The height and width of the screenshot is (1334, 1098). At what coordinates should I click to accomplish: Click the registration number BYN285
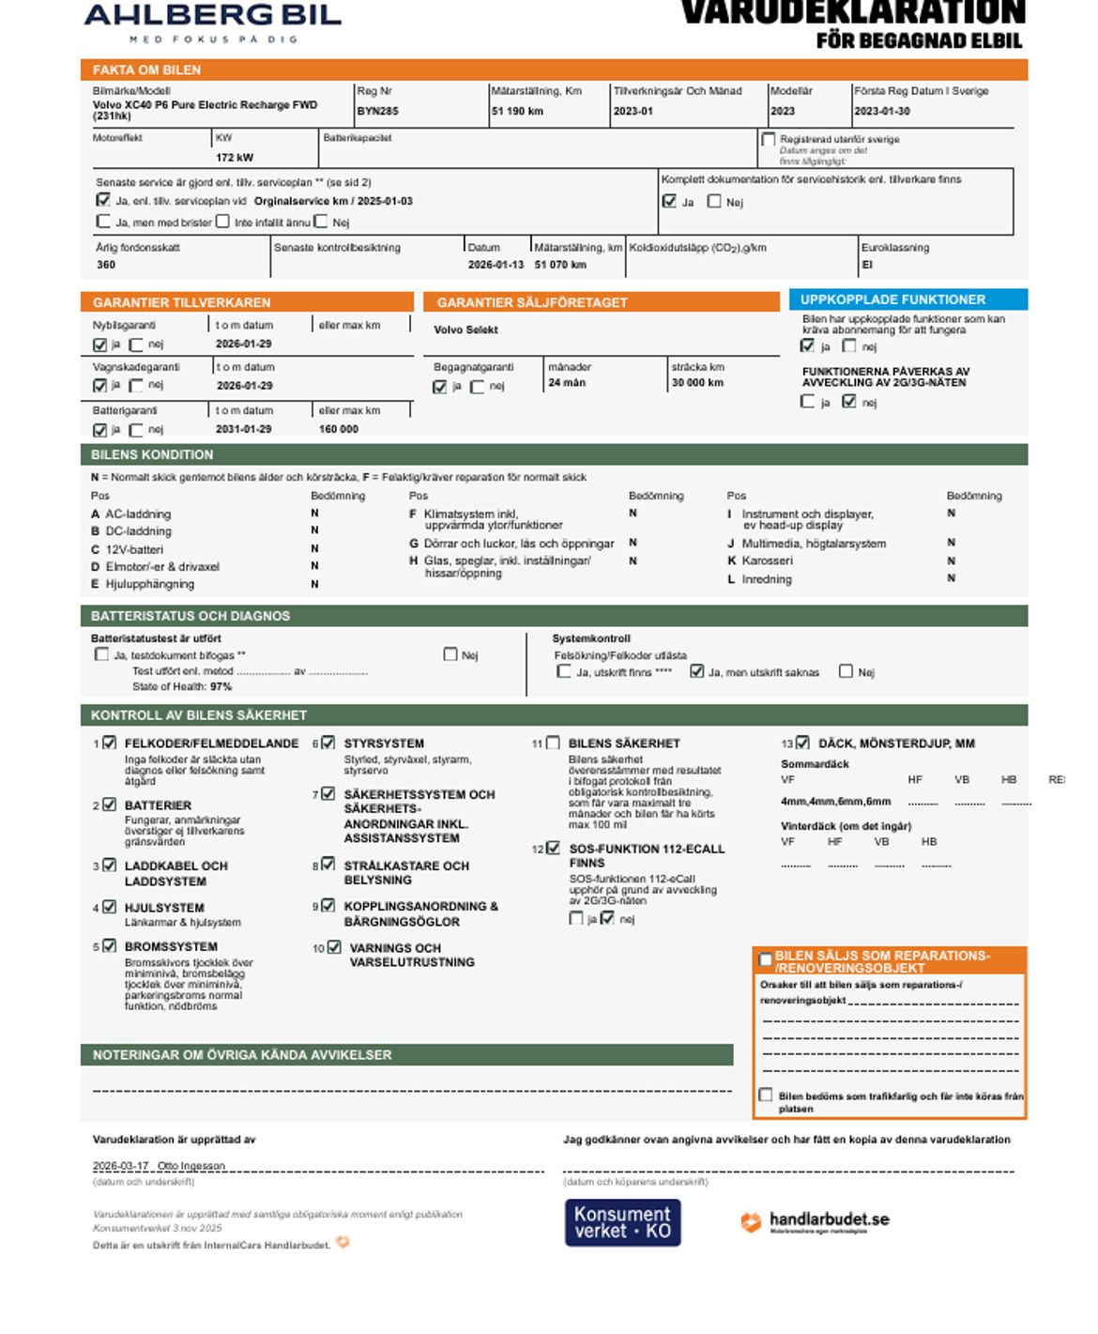coord(377,111)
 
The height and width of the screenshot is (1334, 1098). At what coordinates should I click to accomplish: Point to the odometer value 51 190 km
coord(517,111)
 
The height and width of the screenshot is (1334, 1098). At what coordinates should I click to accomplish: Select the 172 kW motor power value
coord(235,158)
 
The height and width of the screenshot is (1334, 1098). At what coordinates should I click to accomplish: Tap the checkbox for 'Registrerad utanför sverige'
coord(769,140)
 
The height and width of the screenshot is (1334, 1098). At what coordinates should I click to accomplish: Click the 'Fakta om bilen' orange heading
coord(146,69)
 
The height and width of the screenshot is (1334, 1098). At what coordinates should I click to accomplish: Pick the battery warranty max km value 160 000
coord(338,429)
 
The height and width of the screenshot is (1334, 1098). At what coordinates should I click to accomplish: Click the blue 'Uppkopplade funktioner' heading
coord(892,299)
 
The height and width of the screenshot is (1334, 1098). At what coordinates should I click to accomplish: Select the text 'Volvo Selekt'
coord(465,330)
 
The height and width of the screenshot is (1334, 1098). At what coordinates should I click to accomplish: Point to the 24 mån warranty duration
coord(567,383)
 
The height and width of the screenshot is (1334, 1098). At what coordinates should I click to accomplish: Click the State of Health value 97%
coord(221,686)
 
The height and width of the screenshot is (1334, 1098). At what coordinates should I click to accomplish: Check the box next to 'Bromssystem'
coord(110,946)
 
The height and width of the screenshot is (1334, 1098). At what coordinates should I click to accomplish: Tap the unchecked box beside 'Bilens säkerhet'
coord(554,743)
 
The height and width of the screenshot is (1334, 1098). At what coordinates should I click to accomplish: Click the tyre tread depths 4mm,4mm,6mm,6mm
coord(836,802)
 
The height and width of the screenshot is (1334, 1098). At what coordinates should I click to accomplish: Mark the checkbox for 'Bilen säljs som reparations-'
coord(766,959)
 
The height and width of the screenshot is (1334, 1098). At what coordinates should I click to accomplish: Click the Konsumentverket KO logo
coord(622,1222)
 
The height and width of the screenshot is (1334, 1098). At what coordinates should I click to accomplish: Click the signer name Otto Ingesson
coord(191,1166)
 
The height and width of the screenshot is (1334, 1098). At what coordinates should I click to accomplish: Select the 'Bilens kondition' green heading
coord(152,454)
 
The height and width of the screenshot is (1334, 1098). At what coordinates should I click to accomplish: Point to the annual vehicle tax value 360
coord(106,265)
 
